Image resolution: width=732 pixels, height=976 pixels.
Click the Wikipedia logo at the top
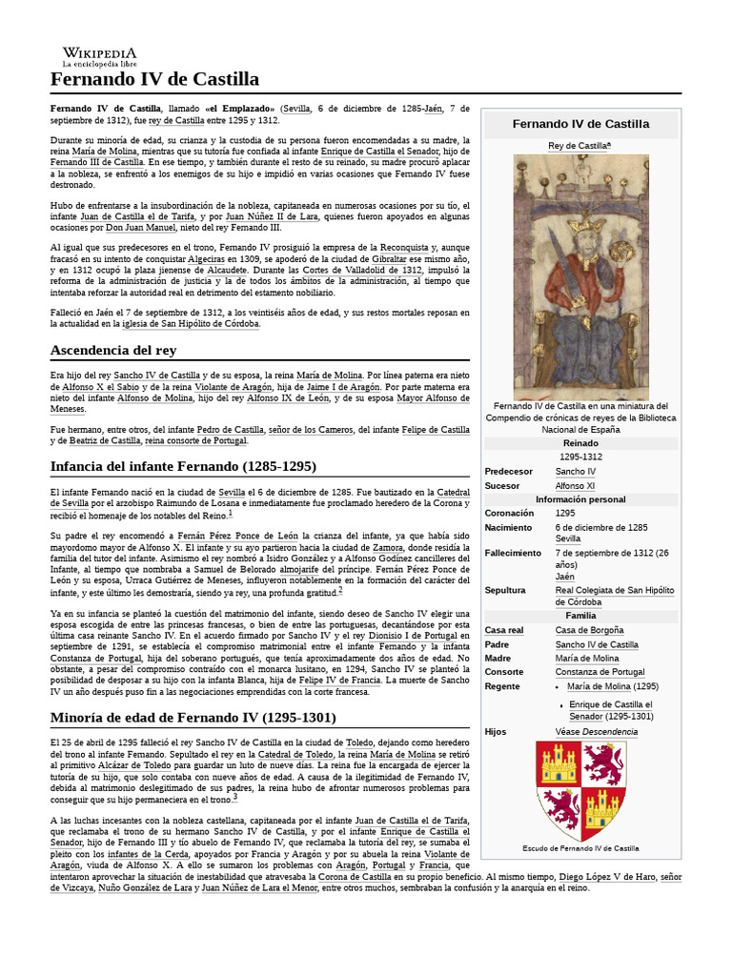[99, 56]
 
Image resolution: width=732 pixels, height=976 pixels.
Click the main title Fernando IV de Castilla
[154, 79]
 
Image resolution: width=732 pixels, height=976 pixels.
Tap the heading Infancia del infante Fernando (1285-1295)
[183, 465]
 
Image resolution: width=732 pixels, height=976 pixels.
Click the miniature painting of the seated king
[580, 276]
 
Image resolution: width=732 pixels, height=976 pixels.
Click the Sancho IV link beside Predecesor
[576, 471]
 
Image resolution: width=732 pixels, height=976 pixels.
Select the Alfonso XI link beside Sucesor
[576, 485]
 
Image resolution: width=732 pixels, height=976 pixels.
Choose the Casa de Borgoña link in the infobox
[589, 630]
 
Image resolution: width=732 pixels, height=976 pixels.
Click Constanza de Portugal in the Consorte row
[600, 672]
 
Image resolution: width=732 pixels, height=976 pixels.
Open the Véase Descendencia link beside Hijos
[597, 732]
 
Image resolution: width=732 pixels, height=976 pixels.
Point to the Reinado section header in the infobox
[580, 443]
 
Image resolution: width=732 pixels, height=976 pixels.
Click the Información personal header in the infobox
[580, 499]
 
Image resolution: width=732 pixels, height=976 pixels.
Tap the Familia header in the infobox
[580, 616]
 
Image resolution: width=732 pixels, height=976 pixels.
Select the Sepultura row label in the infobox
[505, 590]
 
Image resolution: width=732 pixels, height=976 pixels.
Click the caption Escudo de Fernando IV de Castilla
[580, 847]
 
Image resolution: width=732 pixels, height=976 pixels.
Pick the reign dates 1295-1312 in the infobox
[580, 457]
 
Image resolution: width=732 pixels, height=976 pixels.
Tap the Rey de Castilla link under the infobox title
[579, 145]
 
